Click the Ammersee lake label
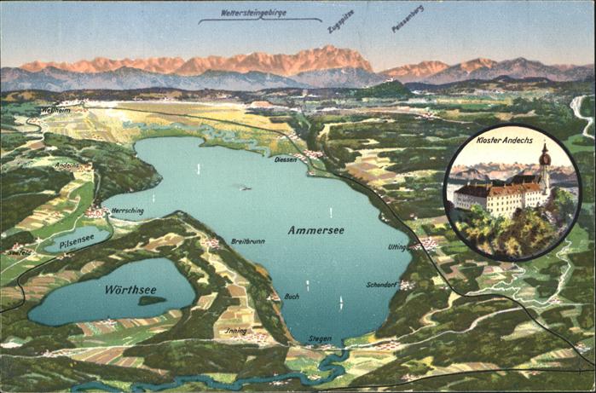(315, 230)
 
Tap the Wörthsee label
(129, 290)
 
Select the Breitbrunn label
(247, 241)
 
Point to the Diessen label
(286, 159)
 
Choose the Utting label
(397, 247)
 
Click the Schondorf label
(382, 284)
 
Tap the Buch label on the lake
(292, 296)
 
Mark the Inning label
(235, 331)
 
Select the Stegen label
(320, 338)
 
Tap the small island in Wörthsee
(152, 300)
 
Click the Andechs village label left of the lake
(66, 165)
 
